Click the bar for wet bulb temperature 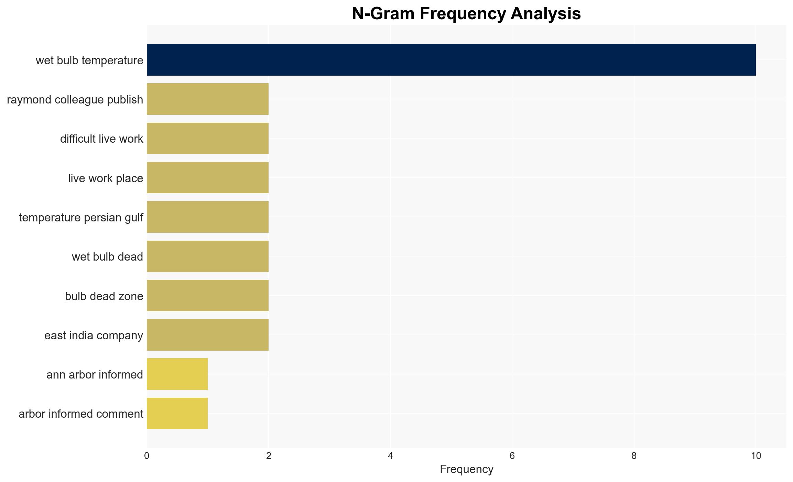tap(451, 60)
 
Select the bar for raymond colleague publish tap(208, 99)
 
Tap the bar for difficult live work tap(208, 139)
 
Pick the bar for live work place tap(208, 178)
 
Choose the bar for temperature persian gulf tap(208, 217)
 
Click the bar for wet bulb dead tap(208, 256)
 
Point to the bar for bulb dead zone tap(208, 296)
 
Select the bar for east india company tap(208, 335)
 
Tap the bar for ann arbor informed tap(177, 374)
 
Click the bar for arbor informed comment tap(177, 414)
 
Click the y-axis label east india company tap(94, 336)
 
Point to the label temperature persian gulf tap(81, 218)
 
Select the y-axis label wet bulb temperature tap(89, 61)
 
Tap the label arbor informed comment tap(81, 414)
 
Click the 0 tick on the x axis tap(147, 456)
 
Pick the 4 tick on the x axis tap(390, 456)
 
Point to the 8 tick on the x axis tap(634, 456)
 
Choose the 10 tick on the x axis tap(756, 456)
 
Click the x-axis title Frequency tap(467, 469)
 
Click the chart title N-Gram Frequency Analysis tap(467, 14)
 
